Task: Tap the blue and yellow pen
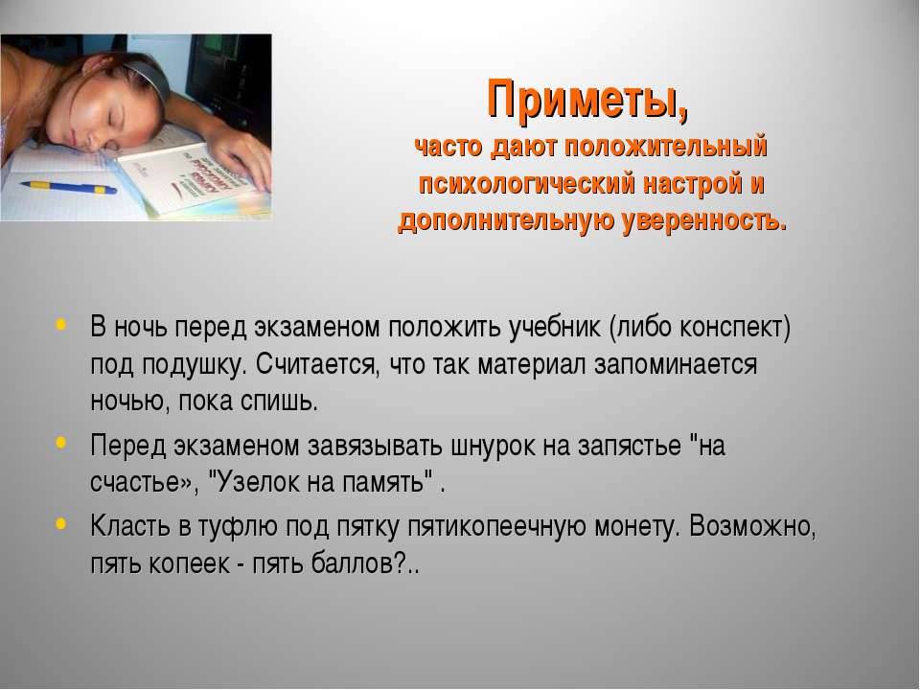pos(68,188)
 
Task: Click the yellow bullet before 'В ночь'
pos(61,325)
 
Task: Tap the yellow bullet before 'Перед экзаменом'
pos(61,443)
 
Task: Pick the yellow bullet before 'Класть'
pos(61,523)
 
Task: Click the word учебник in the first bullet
pos(555,328)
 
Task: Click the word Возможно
pos(753,526)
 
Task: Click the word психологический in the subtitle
pos(526,184)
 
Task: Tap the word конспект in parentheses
pos(731,328)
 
